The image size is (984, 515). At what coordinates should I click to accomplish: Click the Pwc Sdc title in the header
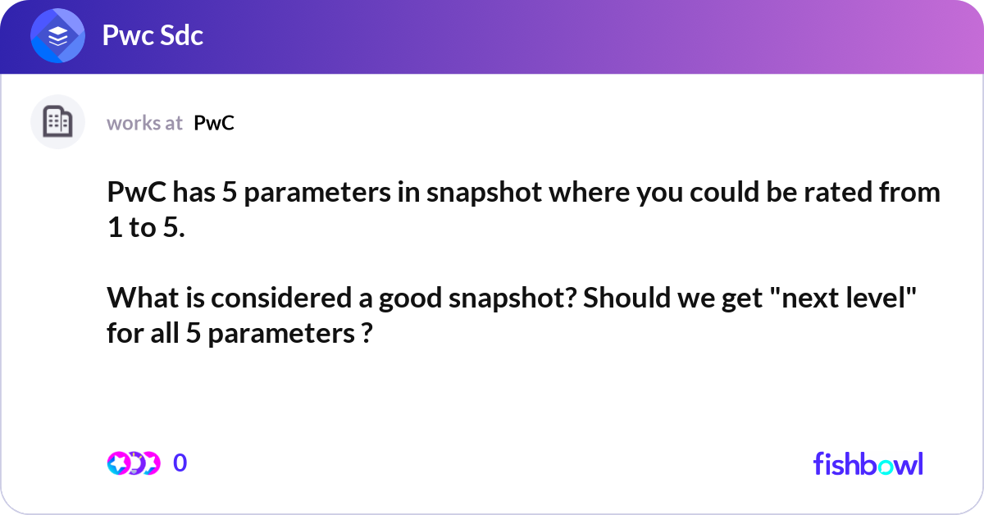[153, 35]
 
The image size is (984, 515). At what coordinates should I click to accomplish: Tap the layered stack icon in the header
[58, 36]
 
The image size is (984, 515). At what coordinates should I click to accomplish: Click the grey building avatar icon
[57, 122]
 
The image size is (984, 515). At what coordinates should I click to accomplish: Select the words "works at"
[144, 123]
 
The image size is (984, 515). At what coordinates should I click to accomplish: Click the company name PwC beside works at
[214, 123]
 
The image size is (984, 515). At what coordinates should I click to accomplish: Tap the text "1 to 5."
[146, 228]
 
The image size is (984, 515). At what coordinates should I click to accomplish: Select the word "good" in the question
[408, 299]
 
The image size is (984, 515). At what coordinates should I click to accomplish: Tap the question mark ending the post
[367, 334]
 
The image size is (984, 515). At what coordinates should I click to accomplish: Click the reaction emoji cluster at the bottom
[132, 463]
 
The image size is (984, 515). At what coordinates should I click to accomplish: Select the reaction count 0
[180, 463]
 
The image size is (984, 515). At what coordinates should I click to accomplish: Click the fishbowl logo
[868, 463]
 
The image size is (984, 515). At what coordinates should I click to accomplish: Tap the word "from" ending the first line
[909, 194]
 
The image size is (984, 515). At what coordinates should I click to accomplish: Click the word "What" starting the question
[136, 299]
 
